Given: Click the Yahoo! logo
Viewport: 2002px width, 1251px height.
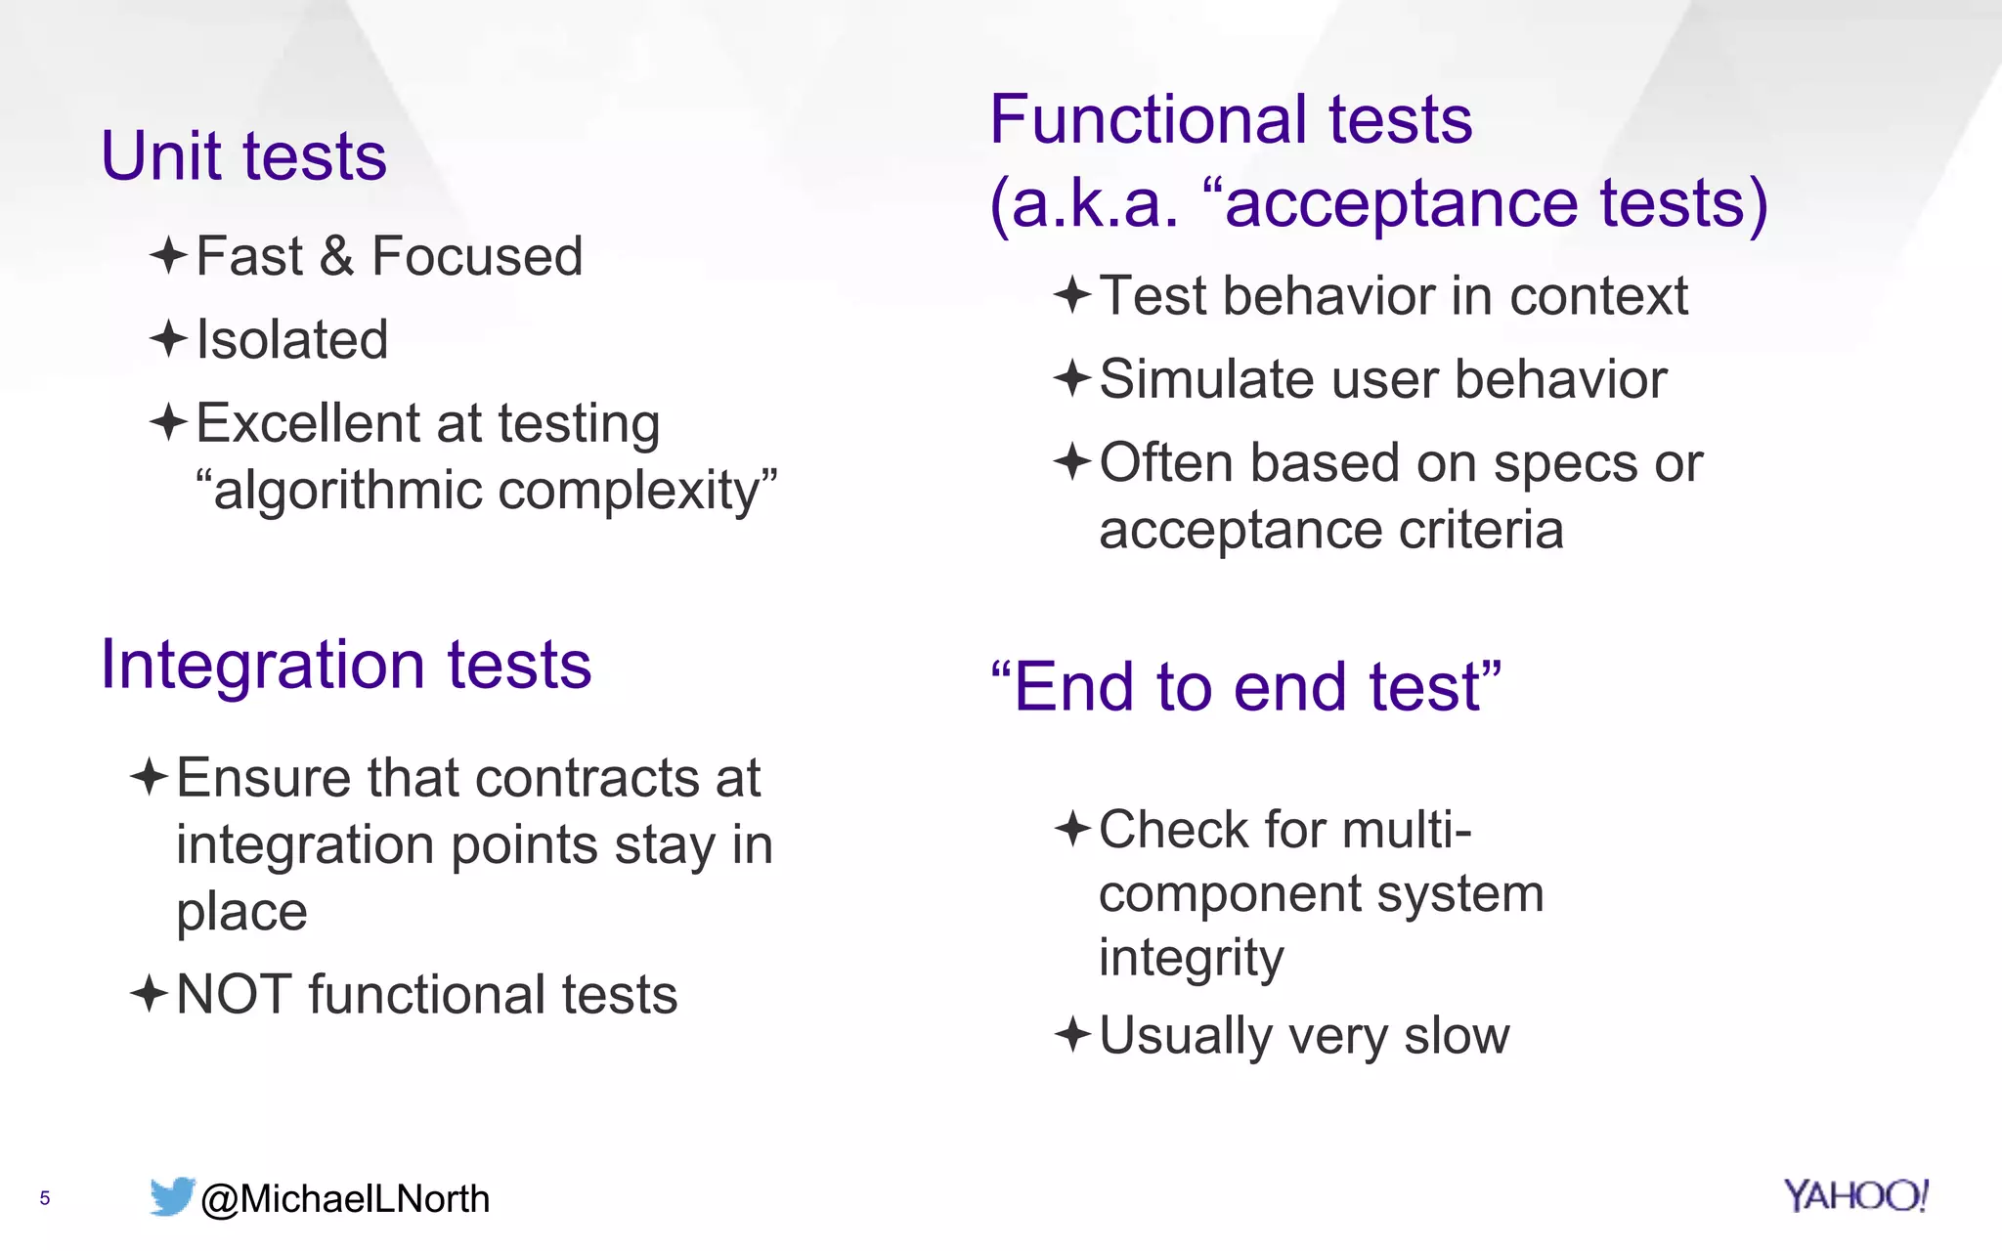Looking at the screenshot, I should coord(1854,1195).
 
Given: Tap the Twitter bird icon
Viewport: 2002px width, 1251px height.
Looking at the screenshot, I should coord(172,1196).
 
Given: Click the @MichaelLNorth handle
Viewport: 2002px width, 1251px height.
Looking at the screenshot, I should coord(344,1199).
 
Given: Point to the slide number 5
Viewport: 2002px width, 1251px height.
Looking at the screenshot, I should coord(44,1198).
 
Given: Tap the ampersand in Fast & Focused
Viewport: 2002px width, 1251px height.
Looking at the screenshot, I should coord(336,257).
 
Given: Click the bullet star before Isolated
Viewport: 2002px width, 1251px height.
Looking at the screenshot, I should coord(168,339).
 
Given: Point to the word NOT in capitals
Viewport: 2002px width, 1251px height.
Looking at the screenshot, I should coord(234,995).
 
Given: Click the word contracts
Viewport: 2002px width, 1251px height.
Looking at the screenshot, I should coord(588,779).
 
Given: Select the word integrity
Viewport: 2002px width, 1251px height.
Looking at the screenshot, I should coord(1191,958).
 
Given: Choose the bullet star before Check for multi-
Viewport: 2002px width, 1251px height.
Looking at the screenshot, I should coord(1072,829).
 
